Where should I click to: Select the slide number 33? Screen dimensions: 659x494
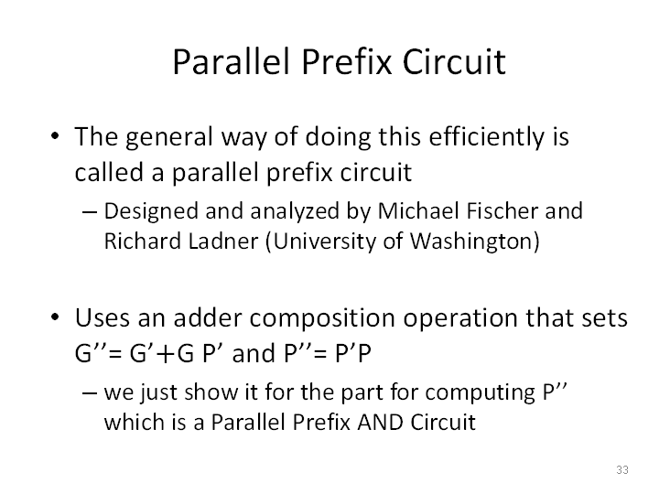(622, 469)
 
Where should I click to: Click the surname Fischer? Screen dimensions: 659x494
(502, 210)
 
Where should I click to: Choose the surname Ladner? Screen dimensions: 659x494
(222, 242)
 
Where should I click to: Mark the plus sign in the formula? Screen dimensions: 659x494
(167, 354)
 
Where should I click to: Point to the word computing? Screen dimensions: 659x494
(480, 393)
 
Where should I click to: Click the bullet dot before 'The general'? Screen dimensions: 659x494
(55, 136)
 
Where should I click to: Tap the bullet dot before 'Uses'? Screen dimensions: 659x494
(55, 317)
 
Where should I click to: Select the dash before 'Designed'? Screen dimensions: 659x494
(89, 212)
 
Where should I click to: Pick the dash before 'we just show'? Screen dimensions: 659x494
(89, 393)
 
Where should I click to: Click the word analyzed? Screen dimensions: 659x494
(295, 211)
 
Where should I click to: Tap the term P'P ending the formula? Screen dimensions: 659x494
(353, 353)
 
